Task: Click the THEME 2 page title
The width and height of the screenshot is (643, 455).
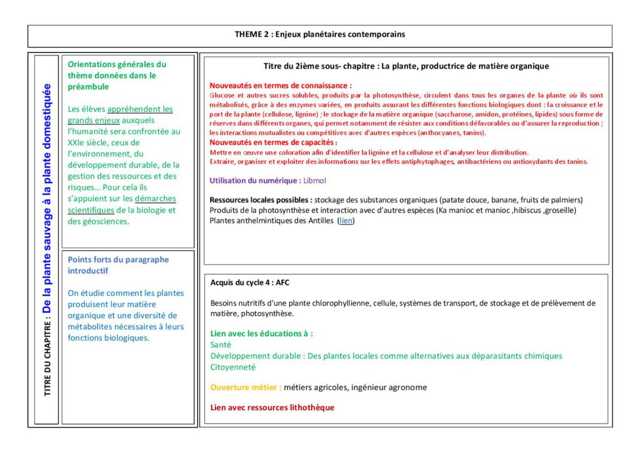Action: [x=320, y=35]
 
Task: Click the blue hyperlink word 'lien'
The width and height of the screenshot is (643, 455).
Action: [x=345, y=221]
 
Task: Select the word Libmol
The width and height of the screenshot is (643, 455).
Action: [x=315, y=180]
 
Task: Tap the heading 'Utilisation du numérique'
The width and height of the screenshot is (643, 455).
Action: [x=254, y=180]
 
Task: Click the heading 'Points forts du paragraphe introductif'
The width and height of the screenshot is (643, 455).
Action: [x=118, y=265]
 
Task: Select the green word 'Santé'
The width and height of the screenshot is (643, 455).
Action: [x=221, y=344]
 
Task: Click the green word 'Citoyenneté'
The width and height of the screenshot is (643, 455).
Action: [x=233, y=367]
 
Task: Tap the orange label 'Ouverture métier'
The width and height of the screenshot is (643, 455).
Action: [x=245, y=387]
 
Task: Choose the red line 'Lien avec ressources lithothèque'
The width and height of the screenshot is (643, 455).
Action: [x=272, y=407]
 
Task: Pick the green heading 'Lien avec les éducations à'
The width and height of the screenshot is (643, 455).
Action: [x=261, y=333]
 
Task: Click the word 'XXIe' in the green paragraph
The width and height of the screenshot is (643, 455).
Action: [x=78, y=142]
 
